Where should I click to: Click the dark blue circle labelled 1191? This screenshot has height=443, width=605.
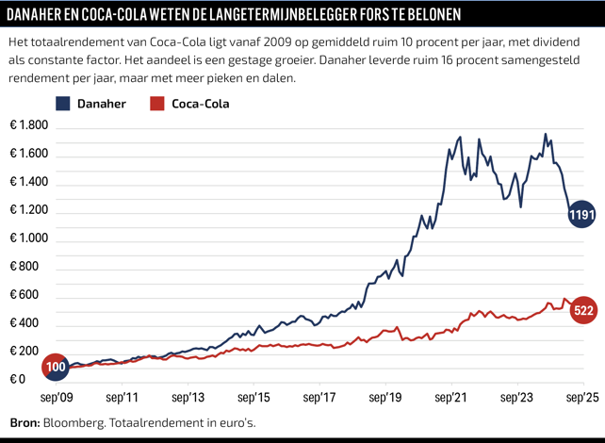click(x=581, y=216)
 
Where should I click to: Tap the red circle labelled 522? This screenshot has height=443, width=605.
click(x=583, y=311)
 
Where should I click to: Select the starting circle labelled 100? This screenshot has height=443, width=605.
click(x=55, y=367)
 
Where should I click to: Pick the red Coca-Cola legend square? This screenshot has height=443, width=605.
click(x=157, y=104)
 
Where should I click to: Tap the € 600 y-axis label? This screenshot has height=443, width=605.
click(x=26, y=295)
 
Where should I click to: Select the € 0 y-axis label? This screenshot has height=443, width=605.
click(x=19, y=380)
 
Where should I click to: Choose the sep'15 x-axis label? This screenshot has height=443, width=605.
click(x=253, y=398)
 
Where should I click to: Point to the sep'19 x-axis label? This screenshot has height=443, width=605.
click(x=385, y=398)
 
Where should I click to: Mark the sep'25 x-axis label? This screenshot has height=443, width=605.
click(x=582, y=398)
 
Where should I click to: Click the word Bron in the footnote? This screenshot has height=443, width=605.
click(x=24, y=422)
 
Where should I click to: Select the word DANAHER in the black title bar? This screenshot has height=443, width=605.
click(x=41, y=15)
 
